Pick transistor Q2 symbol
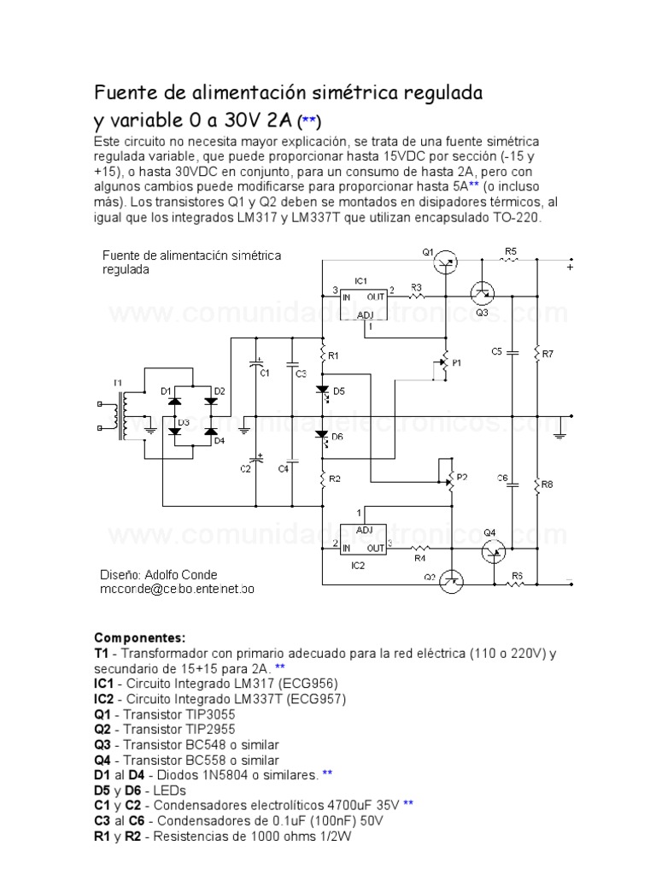pyautogui.click(x=450, y=582)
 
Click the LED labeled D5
pyautogui.click(x=323, y=391)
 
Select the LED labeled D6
pyautogui.click(x=323, y=436)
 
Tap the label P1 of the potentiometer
pyautogui.click(x=456, y=362)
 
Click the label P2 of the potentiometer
pyautogui.click(x=462, y=477)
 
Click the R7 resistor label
pyautogui.click(x=548, y=353)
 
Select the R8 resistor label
pyautogui.click(x=548, y=484)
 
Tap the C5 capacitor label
pyautogui.click(x=497, y=351)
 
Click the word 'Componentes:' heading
pyautogui.click(x=139, y=637)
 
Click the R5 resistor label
pyautogui.click(x=511, y=250)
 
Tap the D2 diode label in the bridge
pyautogui.click(x=220, y=391)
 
